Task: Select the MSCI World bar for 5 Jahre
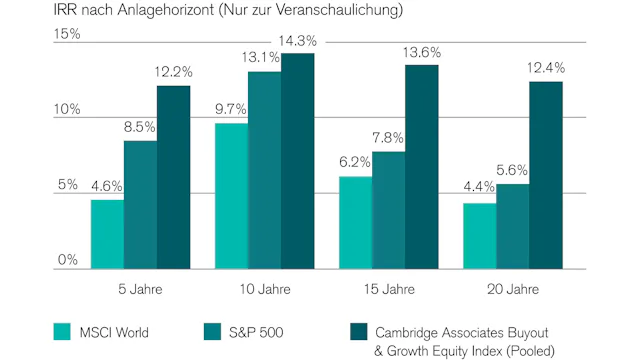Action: coord(107,234)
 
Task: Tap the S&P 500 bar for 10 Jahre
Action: coord(264,170)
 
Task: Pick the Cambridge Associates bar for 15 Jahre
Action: coord(421,167)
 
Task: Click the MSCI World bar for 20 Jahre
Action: coord(479,236)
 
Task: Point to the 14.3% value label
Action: coord(298,41)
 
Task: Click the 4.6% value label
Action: coord(107,186)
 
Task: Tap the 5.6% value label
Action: coord(513,171)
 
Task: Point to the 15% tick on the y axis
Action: coord(66,33)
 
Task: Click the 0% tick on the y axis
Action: coord(66,260)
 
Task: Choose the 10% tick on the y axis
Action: coord(66,109)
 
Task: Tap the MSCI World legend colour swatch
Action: coord(62,332)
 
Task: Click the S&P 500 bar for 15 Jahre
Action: coord(389,210)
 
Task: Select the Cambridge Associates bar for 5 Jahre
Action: coord(173,177)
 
